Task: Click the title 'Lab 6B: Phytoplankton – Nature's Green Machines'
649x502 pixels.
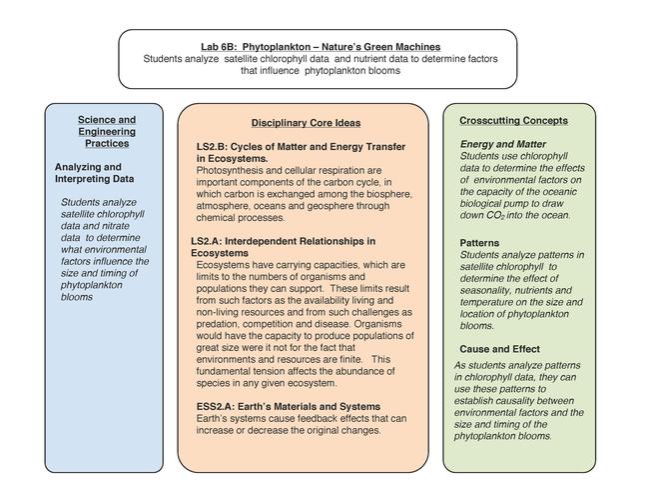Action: click(x=320, y=46)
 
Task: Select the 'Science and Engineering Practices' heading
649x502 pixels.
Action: click(x=107, y=131)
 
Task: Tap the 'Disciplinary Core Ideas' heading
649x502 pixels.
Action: click(x=306, y=123)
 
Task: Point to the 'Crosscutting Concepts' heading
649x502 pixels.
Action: click(x=513, y=120)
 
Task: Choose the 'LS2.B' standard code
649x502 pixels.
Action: click(x=213, y=146)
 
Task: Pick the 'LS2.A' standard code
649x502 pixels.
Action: click(x=208, y=241)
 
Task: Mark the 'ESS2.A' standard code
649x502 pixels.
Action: click(x=216, y=406)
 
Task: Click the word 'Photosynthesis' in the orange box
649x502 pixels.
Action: click(x=231, y=171)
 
